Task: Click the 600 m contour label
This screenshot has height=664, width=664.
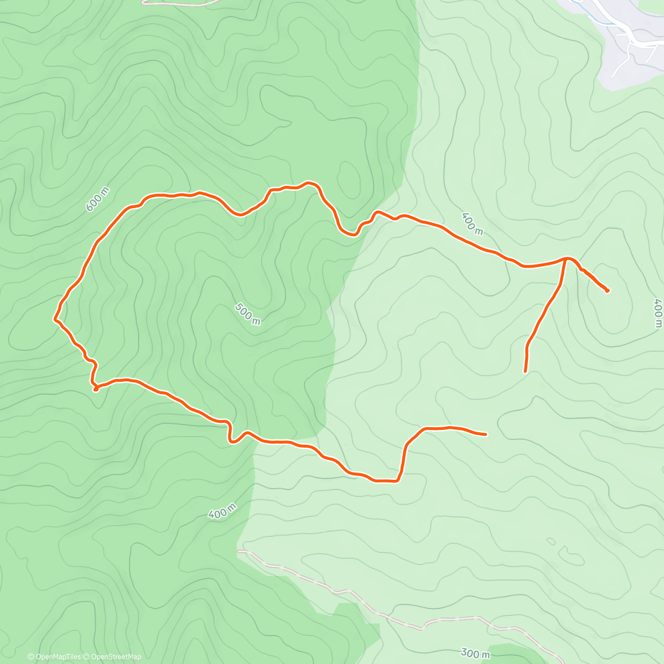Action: point(97,200)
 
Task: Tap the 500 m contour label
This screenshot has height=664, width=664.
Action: point(247,314)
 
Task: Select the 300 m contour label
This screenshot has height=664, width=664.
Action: point(475,653)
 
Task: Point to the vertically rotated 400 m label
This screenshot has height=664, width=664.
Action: point(657,313)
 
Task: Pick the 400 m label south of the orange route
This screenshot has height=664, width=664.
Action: point(222,511)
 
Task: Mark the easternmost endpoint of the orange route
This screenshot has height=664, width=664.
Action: point(608,290)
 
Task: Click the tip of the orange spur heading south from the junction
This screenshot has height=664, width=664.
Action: point(525,371)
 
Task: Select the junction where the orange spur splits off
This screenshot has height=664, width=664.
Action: point(565,258)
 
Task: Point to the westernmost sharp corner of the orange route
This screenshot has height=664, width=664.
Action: point(55,319)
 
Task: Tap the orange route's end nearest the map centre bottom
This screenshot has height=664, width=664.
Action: point(485,434)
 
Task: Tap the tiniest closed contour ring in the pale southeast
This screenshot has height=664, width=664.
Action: point(551,541)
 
